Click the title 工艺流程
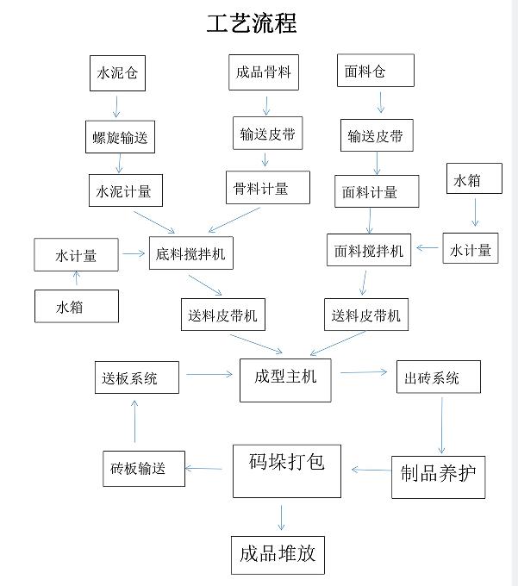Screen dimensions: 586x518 252,23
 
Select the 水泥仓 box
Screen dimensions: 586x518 117,73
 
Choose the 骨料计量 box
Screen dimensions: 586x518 267,187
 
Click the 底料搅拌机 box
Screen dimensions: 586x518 191,253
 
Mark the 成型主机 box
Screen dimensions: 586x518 285,377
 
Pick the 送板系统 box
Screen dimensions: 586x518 135,378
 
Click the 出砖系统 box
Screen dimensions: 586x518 438,377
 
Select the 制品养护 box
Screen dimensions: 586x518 437,473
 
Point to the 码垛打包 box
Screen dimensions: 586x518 286,471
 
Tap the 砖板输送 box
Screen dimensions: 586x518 142,468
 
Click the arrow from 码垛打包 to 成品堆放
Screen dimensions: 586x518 281,517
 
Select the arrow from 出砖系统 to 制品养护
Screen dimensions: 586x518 441,423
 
